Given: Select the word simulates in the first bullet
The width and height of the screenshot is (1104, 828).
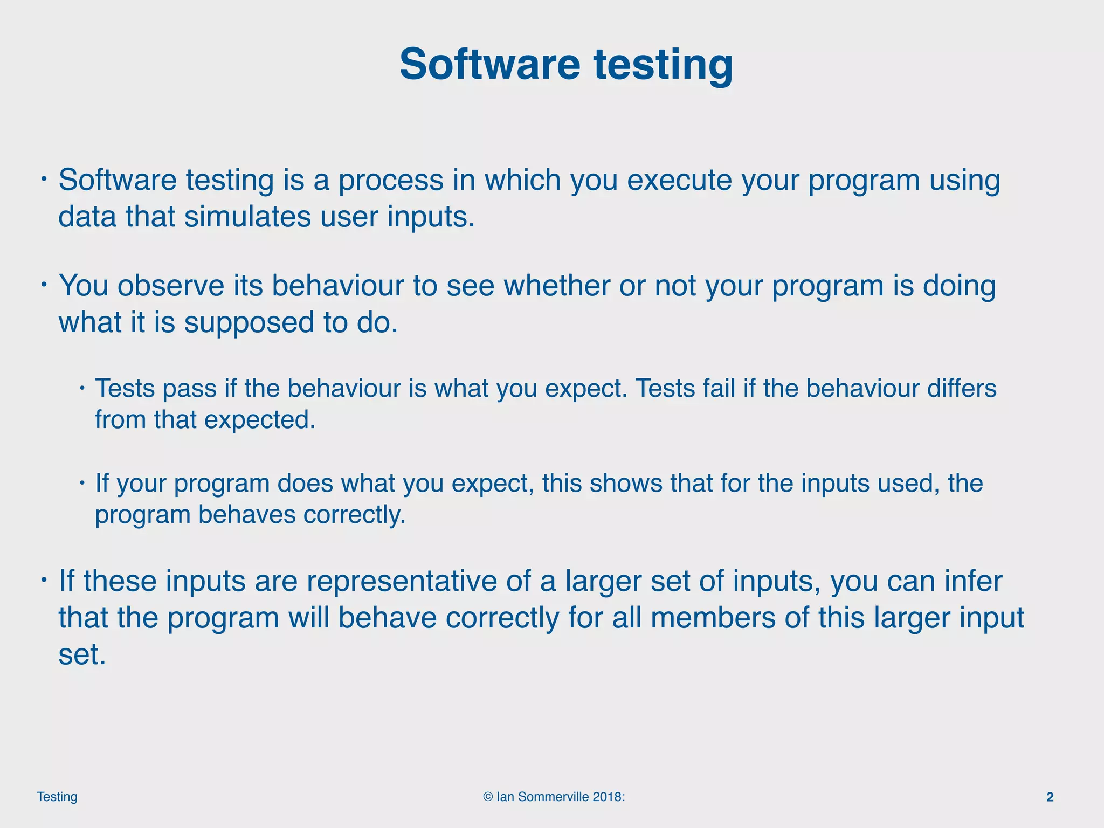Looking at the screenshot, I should click(x=247, y=217).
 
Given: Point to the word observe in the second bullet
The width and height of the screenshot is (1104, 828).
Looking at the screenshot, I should click(x=170, y=286).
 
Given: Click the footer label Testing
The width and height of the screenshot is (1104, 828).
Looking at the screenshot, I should click(x=57, y=797).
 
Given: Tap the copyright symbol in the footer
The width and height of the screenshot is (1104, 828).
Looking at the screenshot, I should click(x=488, y=797).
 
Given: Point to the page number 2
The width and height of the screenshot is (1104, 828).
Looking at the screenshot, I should click(x=1050, y=797).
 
